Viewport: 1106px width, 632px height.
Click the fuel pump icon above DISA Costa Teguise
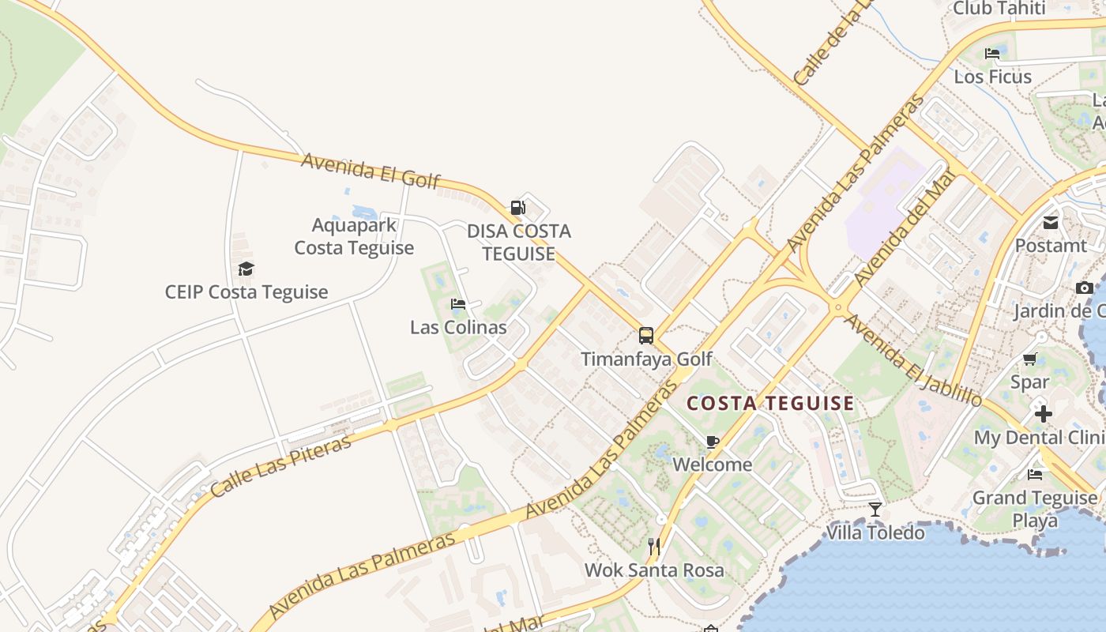coord(517,208)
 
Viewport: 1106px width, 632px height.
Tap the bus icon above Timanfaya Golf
coord(646,336)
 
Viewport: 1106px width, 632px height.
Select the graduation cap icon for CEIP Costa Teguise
coord(246,269)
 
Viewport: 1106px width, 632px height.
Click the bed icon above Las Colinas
coord(458,304)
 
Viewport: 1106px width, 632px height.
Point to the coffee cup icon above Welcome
coord(713,442)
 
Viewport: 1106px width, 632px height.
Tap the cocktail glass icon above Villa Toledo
coord(875,510)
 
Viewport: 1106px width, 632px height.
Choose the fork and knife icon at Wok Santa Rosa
coord(654,546)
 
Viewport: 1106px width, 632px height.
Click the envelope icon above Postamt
coord(1051,223)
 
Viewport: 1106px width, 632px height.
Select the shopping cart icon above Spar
coord(1030,359)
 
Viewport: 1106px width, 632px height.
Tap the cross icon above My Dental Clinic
coord(1044,413)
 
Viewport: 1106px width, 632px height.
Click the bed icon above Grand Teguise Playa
coord(1035,475)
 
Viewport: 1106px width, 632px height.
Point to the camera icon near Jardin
coord(1085,288)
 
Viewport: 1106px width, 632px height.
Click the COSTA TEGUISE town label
coord(770,404)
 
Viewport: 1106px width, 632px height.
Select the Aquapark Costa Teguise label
coord(354,236)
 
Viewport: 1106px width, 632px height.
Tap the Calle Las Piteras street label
coord(280,466)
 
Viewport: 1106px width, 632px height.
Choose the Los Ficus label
coord(992,77)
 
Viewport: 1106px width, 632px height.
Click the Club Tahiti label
coord(999,9)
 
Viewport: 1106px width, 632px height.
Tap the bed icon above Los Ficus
coord(992,54)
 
